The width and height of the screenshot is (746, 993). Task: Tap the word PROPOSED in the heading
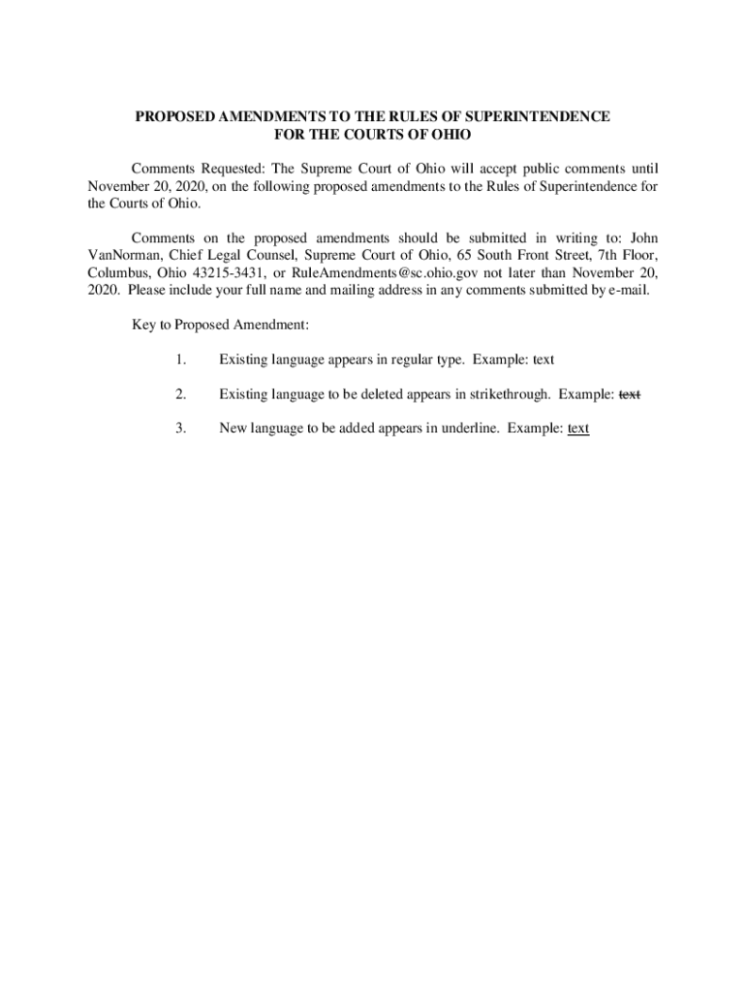pyautogui.click(x=174, y=116)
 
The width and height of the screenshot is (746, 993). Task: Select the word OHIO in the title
pyautogui.click(x=447, y=134)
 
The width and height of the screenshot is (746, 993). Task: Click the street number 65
pyautogui.click(x=430, y=255)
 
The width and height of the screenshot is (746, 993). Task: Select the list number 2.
pyautogui.click(x=181, y=394)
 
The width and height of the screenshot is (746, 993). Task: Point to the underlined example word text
pyautogui.click(x=578, y=429)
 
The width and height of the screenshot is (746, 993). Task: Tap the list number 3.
pyautogui.click(x=181, y=429)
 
